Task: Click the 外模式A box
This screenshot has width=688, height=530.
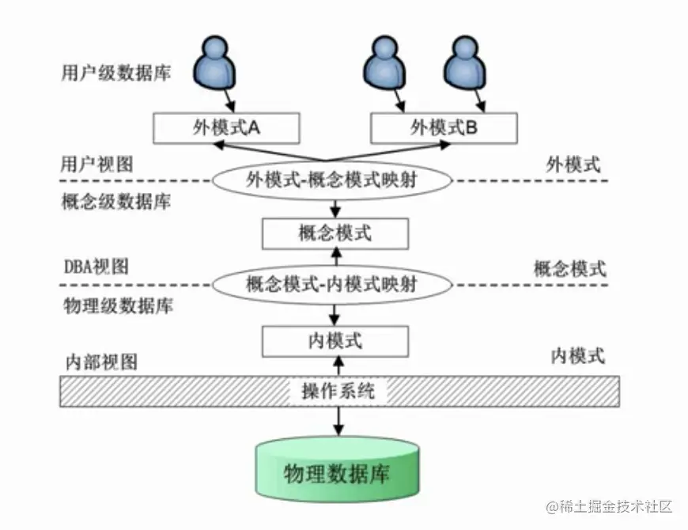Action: (226, 128)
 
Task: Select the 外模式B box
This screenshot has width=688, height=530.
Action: (444, 128)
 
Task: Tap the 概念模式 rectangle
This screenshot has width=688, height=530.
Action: (335, 233)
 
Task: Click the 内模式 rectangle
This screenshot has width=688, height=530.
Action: (335, 341)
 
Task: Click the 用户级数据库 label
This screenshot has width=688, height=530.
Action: (115, 74)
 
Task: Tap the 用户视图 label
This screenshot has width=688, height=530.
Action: (96, 164)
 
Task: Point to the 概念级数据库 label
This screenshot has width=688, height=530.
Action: (115, 201)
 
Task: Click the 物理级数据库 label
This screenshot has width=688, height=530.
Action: (115, 305)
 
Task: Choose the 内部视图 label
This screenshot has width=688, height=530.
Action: (100, 362)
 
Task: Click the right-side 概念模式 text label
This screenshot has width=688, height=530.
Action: (569, 269)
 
